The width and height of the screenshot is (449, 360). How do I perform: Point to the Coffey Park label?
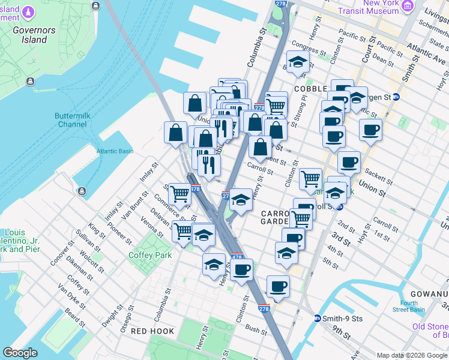pyautogui.click(x=150, y=255)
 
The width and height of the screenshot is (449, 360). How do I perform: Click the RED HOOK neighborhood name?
pyautogui.click(x=152, y=331)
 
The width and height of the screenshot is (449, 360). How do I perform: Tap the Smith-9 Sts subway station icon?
pyautogui.click(x=318, y=318)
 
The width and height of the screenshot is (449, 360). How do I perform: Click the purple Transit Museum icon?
pyautogui.click(x=408, y=6)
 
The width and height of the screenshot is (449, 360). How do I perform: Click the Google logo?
pyautogui.click(x=20, y=353)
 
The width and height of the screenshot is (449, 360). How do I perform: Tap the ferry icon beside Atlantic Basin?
pyautogui.click(x=81, y=191)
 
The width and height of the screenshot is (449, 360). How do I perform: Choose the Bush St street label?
pyautogui.click(x=256, y=330)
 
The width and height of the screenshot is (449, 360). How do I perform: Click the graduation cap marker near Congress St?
pyautogui.click(x=297, y=62)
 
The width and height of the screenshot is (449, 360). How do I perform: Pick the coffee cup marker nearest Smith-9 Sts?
pyautogui.click(x=277, y=287)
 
